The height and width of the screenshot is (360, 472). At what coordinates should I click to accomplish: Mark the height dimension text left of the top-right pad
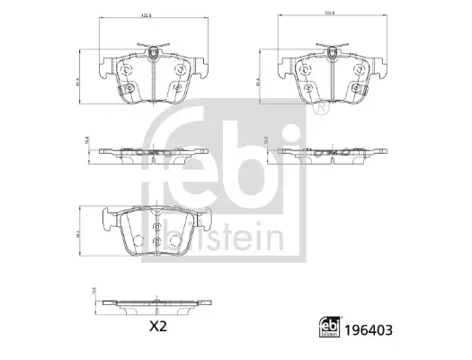tap(261, 81)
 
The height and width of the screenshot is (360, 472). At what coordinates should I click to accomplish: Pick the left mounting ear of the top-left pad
tap(102, 66)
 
